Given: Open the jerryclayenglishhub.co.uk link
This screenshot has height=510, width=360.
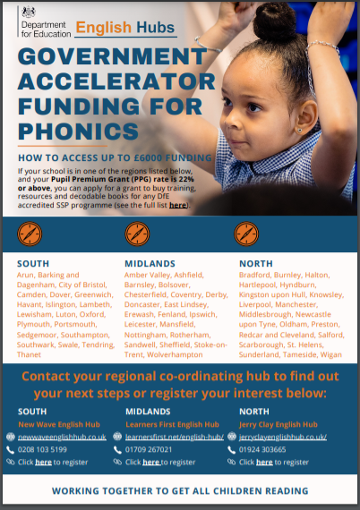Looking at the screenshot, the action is click(282, 437).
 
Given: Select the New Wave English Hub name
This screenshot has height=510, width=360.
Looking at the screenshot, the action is click(59, 423).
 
